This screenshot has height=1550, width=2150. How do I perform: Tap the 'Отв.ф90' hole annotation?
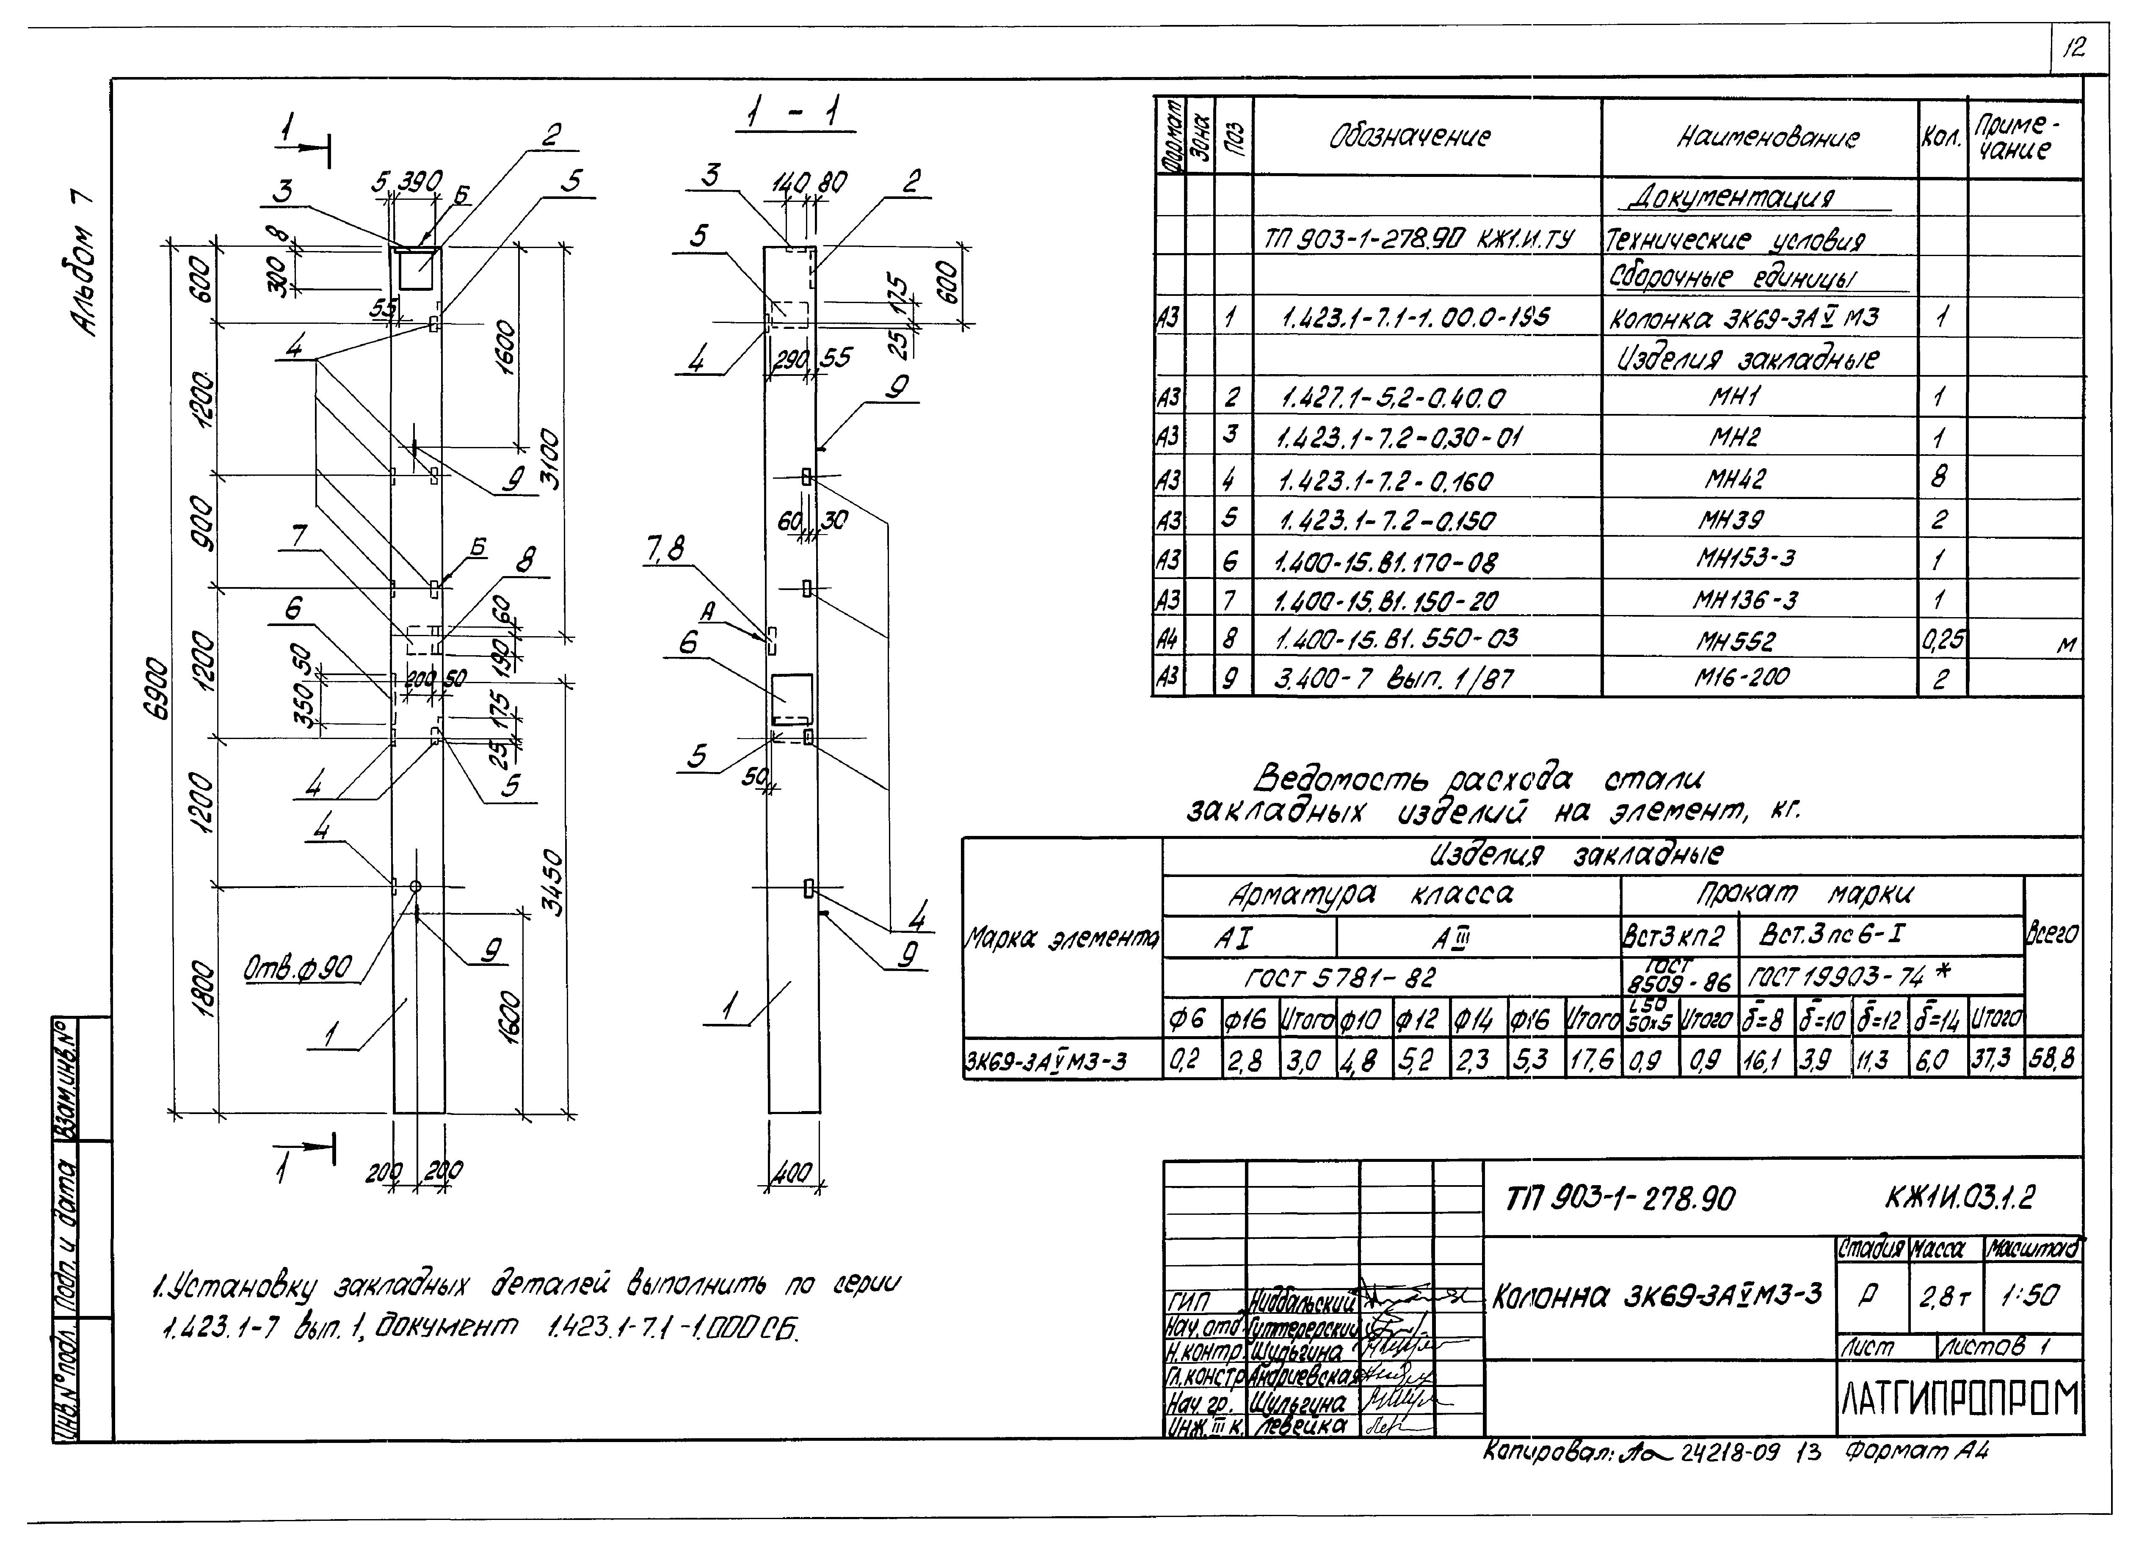click(x=297, y=968)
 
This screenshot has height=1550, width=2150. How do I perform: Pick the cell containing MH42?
click(x=1736, y=479)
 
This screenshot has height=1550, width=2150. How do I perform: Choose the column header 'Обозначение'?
click(x=1410, y=138)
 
